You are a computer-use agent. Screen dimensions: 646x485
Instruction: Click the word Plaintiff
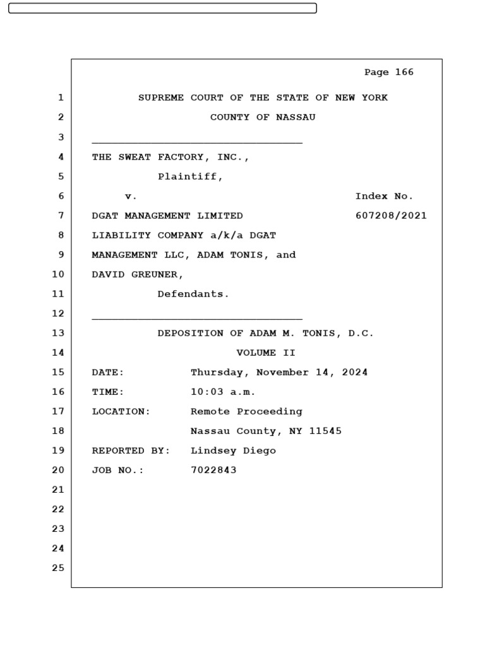pos(189,177)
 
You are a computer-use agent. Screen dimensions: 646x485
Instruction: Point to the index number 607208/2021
pos(391,216)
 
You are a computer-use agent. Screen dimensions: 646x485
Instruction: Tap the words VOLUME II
pos(266,353)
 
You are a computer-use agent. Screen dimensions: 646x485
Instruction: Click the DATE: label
pos(108,372)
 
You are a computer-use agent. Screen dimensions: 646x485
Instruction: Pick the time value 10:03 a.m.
pos(223,392)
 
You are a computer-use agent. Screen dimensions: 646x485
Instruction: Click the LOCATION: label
pos(121,411)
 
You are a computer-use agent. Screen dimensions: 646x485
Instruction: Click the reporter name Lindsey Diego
pos(233,451)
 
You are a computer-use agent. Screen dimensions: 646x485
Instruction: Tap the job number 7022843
pos(213,471)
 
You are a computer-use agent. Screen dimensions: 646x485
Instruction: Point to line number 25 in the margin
pos(58,568)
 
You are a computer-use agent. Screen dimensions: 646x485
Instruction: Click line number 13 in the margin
pos(58,333)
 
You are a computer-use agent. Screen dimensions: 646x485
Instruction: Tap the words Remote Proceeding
pos(246,411)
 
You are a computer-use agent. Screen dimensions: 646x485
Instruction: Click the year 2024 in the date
pos(355,372)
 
